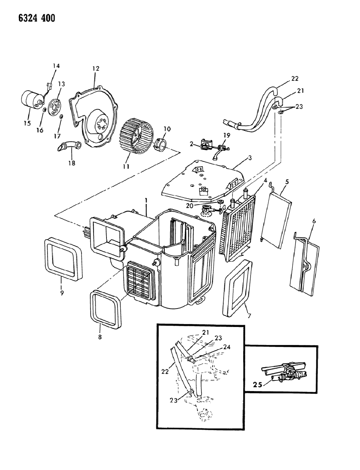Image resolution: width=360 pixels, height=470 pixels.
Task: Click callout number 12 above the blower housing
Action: point(96,69)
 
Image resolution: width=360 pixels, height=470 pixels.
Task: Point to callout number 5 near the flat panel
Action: point(287,181)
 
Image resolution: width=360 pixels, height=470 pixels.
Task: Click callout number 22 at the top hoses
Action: point(294,79)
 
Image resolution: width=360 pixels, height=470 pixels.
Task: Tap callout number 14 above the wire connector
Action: point(56,66)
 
